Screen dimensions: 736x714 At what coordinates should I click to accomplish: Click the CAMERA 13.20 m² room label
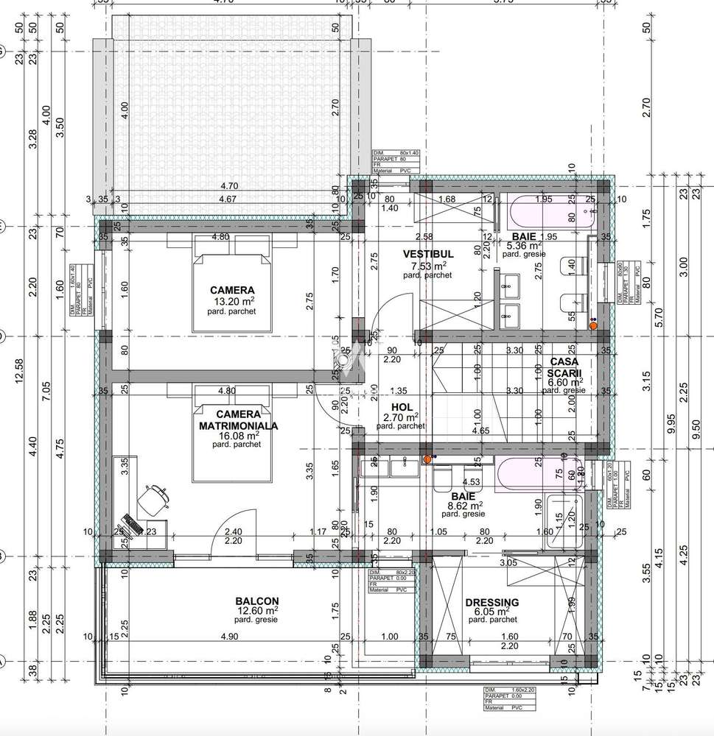click(x=231, y=290)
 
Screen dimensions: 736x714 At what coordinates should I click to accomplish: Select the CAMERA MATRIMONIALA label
click(x=231, y=420)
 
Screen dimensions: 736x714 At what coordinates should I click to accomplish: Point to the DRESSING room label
click(x=491, y=602)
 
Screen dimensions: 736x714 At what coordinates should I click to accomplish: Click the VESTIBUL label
click(x=427, y=254)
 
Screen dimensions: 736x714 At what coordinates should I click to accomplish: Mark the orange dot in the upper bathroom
click(x=592, y=324)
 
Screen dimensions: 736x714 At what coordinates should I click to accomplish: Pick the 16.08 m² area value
click(x=233, y=435)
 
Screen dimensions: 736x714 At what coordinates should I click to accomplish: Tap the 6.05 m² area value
click(x=491, y=611)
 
